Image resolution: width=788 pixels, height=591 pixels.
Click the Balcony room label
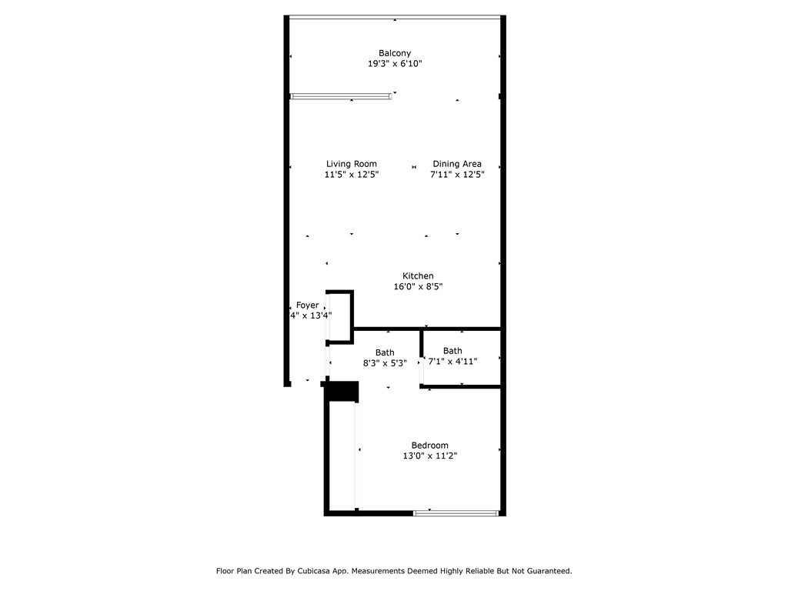click(x=394, y=53)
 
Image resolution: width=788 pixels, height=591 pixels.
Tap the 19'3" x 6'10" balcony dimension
click(x=394, y=64)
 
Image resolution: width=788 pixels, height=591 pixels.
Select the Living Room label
click(x=351, y=164)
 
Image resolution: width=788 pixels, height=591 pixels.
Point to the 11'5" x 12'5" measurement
click(x=351, y=175)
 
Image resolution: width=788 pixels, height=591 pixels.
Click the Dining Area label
click(x=457, y=164)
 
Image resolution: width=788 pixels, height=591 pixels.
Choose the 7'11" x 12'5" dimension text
click(x=457, y=175)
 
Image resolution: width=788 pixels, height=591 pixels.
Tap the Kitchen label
click(x=418, y=276)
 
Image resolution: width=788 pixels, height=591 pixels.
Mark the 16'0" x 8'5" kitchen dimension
click(x=418, y=287)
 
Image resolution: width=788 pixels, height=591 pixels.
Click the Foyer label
click(x=307, y=306)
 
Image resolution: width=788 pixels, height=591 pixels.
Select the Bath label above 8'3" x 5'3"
click(x=385, y=353)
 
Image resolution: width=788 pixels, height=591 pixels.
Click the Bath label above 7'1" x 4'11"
click(x=452, y=351)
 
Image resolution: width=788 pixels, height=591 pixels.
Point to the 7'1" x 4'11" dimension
click(x=452, y=361)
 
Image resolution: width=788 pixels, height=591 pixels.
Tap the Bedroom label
click(x=429, y=446)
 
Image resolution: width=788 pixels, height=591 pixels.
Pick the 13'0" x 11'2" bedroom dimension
click(x=429, y=456)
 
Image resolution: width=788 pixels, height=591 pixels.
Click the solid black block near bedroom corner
click(x=342, y=391)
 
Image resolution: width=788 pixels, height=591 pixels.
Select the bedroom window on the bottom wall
click(x=456, y=513)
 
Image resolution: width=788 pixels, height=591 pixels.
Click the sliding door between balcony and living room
click(x=340, y=96)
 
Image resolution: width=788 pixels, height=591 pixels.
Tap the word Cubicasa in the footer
click(x=331, y=571)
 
